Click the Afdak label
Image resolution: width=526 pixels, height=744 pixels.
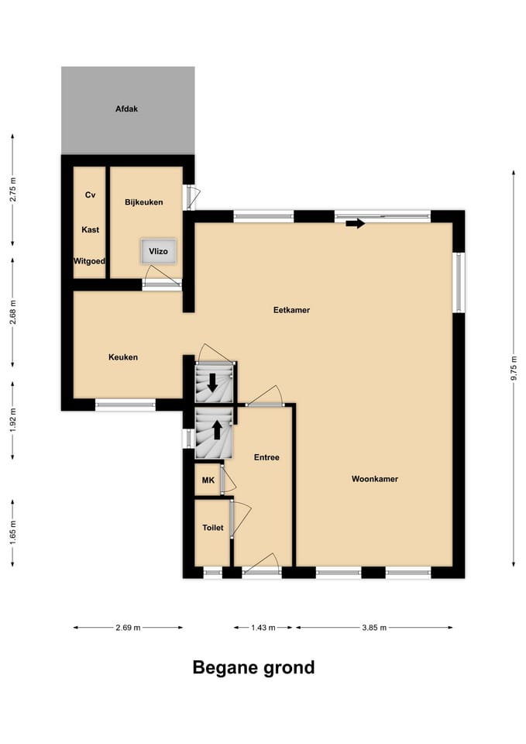pyautogui.click(x=126, y=108)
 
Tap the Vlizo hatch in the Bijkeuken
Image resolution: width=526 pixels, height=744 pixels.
pyautogui.click(x=158, y=251)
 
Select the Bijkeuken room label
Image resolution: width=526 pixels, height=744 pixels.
pyautogui.click(x=144, y=202)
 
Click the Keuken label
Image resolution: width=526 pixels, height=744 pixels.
pyautogui.click(x=123, y=357)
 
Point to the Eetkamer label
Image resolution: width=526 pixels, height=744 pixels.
pyautogui.click(x=291, y=310)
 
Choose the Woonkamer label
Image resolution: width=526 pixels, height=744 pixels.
pyautogui.click(x=375, y=479)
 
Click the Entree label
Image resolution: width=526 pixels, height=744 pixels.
pyautogui.click(x=266, y=457)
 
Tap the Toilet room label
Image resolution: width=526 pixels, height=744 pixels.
pyautogui.click(x=212, y=528)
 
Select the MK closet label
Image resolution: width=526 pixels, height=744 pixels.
pyautogui.click(x=208, y=480)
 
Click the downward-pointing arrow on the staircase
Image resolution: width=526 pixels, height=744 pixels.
pyautogui.click(x=212, y=382)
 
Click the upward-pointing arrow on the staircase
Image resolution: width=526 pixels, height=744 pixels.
pyautogui.click(x=217, y=430)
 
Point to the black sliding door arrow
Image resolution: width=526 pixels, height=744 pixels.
pyautogui.click(x=356, y=223)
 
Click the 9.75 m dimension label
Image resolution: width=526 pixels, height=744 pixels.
pyautogui.click(x=514, y=368)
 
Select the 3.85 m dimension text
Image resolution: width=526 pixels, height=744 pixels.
pyautogui.click(x=374, y=628)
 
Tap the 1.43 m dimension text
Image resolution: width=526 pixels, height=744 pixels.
pyautogui.click(x=263, y=628)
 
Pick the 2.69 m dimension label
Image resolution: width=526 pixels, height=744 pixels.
pyautogui.click(x=128, y=628)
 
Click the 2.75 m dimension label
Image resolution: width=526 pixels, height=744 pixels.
pyautogui.click(x=13, y=189)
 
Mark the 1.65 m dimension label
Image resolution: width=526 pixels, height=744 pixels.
pyautogui.click(x=13, y=533)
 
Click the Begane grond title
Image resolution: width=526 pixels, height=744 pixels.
pyautogui.click(x=254, y=667)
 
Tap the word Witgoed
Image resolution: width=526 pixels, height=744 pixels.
pyautogui.click(x=89, y=261)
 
